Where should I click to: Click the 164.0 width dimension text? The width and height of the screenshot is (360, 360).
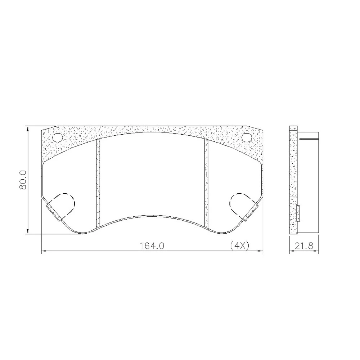(152, 246)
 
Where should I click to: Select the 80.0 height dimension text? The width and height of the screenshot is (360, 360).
(23, 180)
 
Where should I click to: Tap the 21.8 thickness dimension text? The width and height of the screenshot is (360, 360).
(304, 246)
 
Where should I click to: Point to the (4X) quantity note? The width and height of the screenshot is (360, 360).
(240, 246)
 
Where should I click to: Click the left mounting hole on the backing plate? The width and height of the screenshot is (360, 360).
(57, 138)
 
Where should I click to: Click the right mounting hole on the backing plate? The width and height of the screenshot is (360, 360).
(247, 138)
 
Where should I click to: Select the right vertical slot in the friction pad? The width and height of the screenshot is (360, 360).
(206, 183)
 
